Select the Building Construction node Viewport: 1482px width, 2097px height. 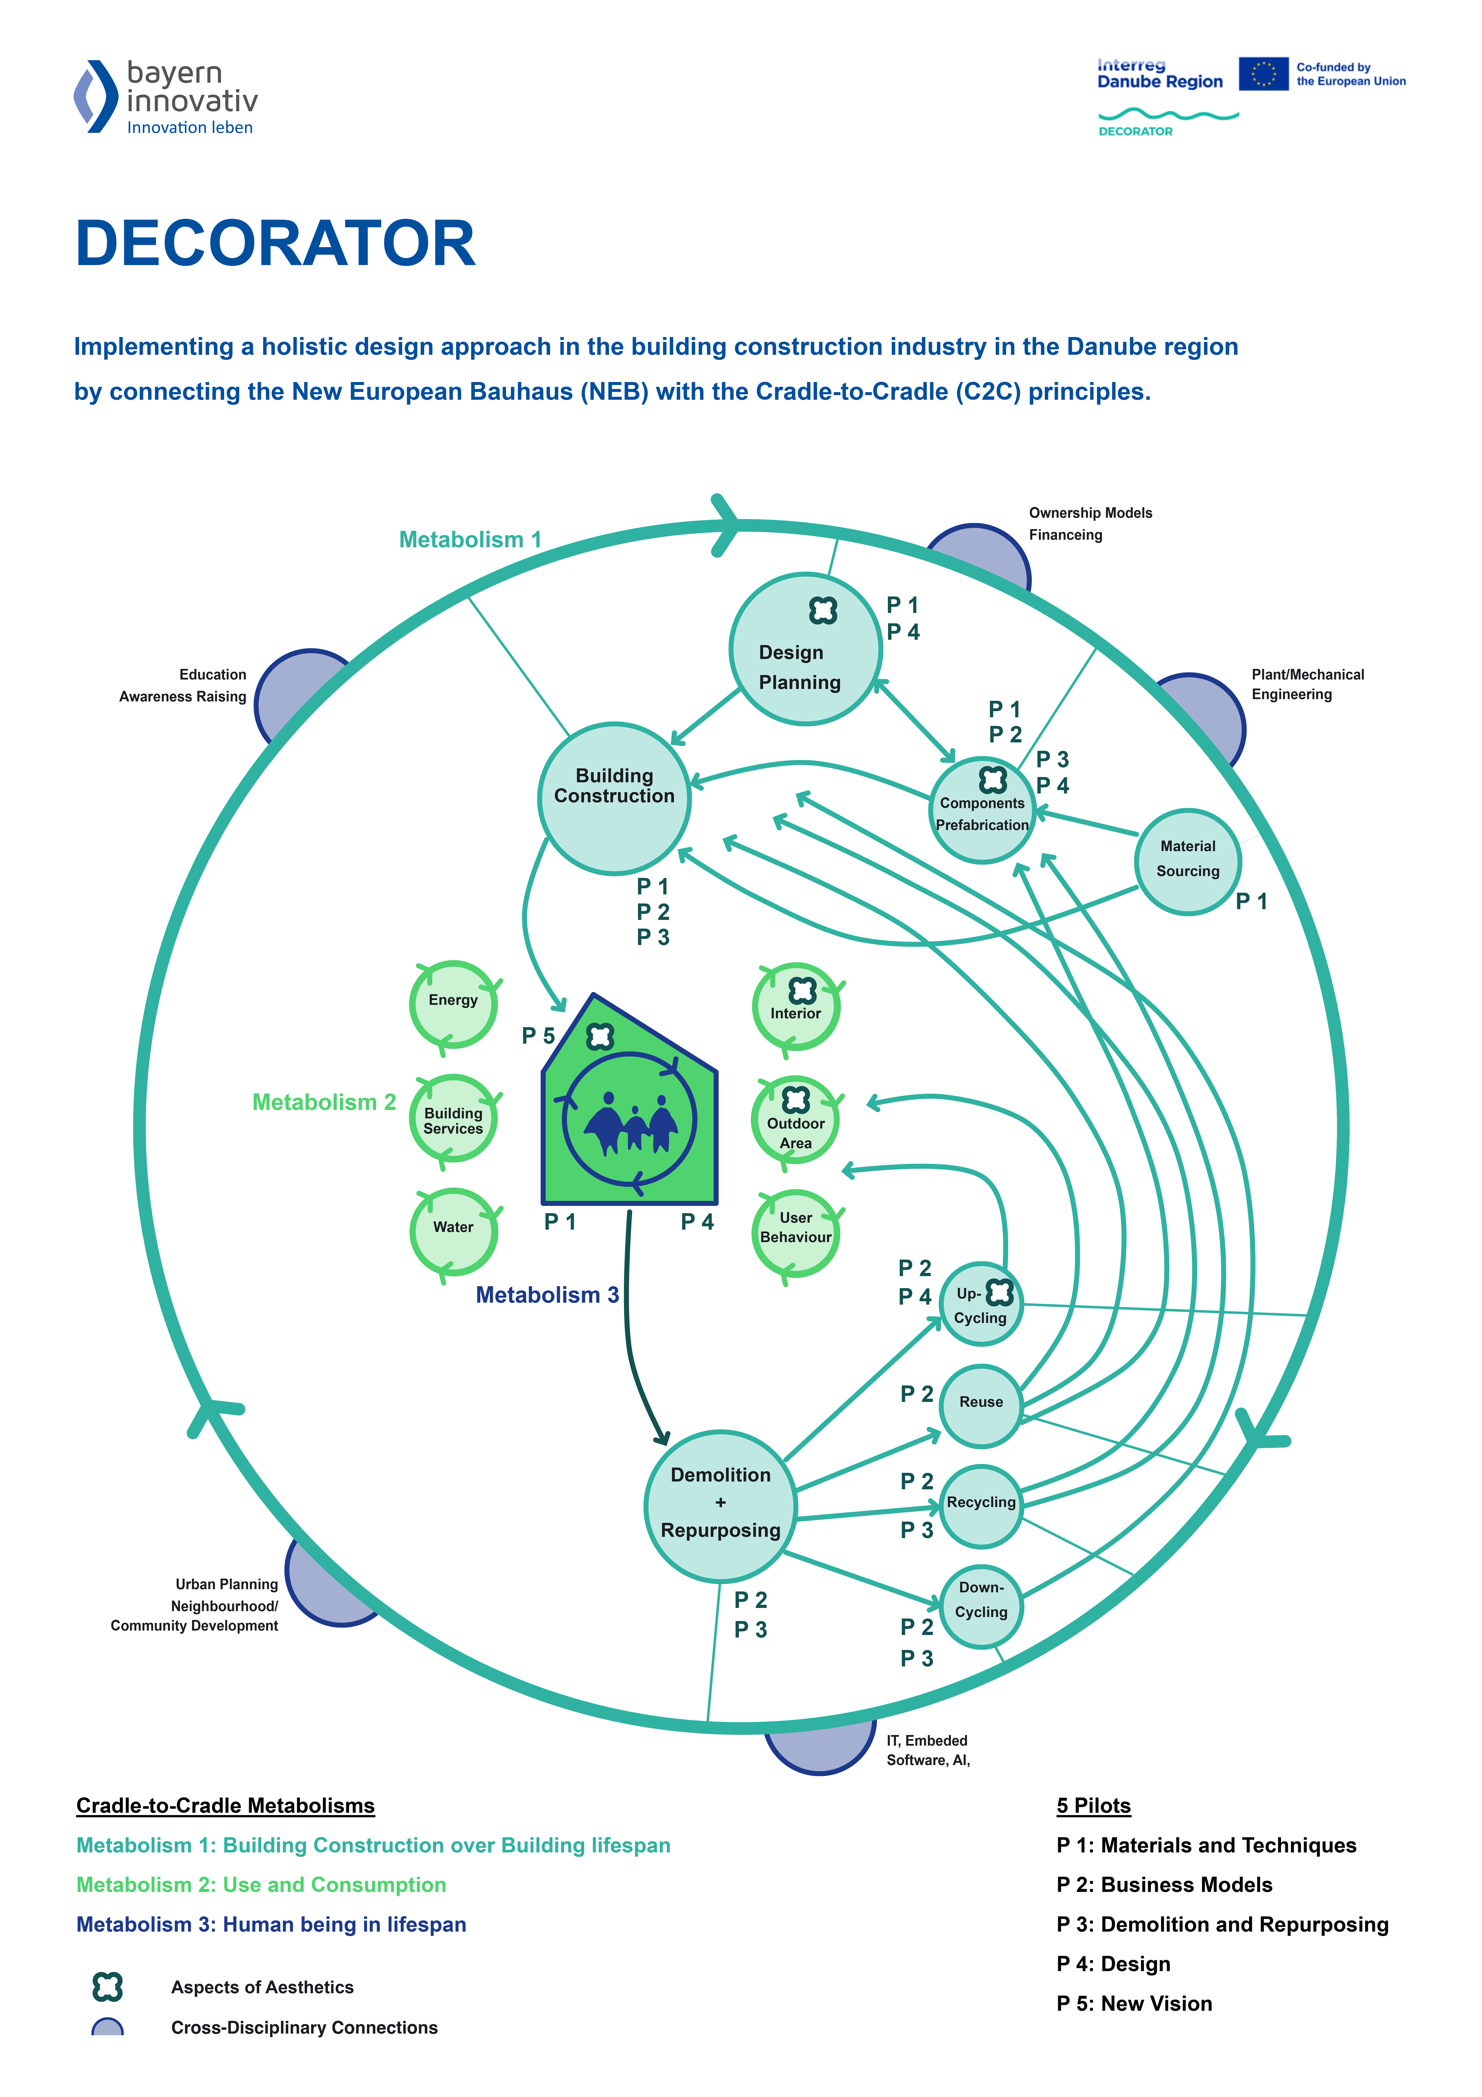tap(614, 799)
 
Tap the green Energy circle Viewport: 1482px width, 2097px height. tap(453, 1005)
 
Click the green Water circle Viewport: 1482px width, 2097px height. tap(453, 1231)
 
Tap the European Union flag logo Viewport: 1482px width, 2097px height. tap(1264, 74)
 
